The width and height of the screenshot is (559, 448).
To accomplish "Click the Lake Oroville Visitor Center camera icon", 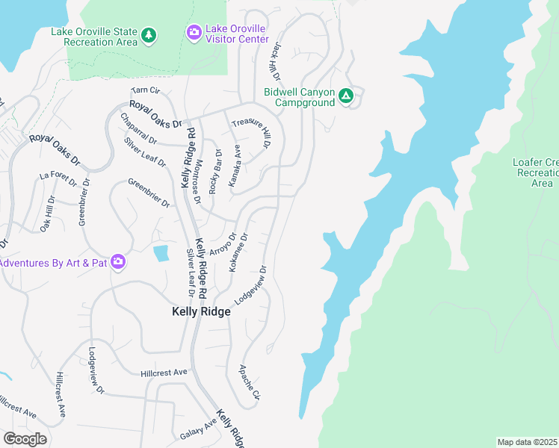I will tap(194, 31).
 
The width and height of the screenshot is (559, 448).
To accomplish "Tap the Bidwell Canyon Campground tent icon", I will tap(346, 96).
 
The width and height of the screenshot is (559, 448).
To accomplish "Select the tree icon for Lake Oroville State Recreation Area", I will tap(149, 35).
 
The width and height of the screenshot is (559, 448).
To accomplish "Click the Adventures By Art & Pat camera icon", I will tap(117, 261).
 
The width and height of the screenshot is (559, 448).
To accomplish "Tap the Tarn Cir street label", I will tap(145, 90).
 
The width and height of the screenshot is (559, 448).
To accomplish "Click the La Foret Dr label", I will tap(55, 177).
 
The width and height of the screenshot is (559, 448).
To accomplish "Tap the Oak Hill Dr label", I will tap(47, 214).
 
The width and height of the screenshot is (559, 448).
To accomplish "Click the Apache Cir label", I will tap(249, 382).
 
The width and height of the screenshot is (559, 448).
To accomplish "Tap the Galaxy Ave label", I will tap(197, 429).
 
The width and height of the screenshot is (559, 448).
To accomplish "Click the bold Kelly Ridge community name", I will tap(200, 312).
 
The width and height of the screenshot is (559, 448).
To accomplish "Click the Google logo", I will tap(25, 438).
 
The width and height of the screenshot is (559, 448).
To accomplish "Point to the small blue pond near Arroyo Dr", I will tap(161, 253).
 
